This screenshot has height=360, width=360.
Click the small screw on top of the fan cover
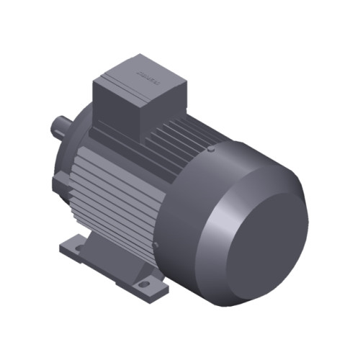coord(210,150)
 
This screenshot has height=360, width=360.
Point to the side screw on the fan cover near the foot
coord(155,248)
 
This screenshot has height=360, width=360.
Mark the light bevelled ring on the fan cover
coord(216,216)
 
